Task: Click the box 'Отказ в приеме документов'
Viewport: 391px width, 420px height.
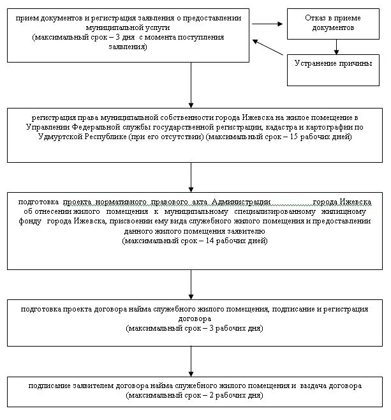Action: click(336, 24)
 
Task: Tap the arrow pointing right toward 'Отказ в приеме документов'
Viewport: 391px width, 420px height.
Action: click(267, 25)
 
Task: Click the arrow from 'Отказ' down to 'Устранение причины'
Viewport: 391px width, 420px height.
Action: click(336, 47)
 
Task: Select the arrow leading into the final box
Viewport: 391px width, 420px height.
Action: click(191, 361)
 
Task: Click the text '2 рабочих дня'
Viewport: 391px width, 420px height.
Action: click(230, 396)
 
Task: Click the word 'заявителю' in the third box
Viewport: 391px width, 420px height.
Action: click(243, 231)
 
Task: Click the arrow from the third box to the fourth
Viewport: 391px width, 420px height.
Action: click(191, 283)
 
